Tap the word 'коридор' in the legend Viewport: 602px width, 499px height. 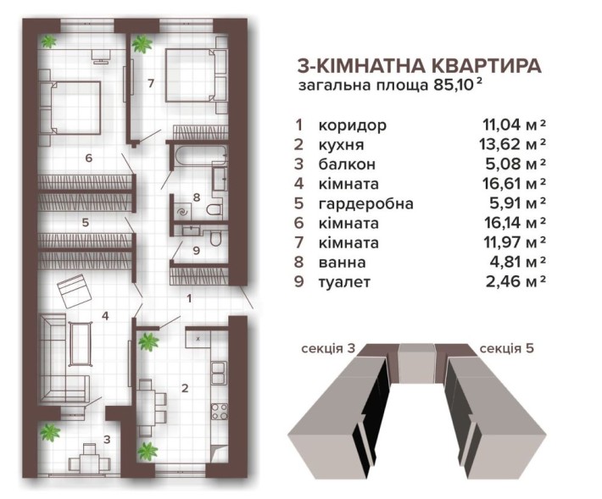click(352, 125)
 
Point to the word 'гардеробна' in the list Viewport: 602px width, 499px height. click(365, 203)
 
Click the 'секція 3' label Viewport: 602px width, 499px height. click(327, 348)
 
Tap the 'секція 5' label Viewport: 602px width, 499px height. click(506, 348)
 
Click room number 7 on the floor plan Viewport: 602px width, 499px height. click(150, 83)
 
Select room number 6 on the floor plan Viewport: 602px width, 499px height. click(87, 158)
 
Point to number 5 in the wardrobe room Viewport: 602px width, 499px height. click(86, 223)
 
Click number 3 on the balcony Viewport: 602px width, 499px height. click(107, 440)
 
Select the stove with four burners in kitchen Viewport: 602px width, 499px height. click(220, 413)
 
